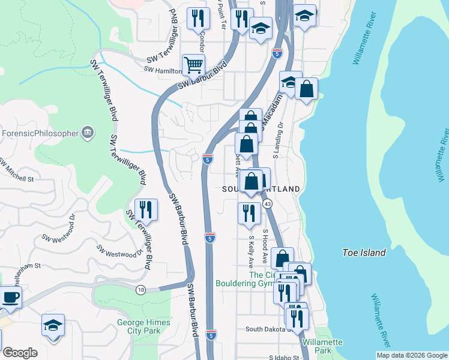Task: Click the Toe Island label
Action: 364,253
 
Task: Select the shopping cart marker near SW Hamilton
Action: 193,65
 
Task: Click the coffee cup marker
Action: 10,297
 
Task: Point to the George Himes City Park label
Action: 143,326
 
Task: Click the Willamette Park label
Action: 322,346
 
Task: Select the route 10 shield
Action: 140,290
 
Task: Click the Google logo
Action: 20,353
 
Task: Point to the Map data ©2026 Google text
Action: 412,355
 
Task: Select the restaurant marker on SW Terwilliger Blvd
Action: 146,209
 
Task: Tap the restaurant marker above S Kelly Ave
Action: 249,214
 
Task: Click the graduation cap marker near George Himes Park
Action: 53,326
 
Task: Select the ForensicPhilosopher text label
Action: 40,133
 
